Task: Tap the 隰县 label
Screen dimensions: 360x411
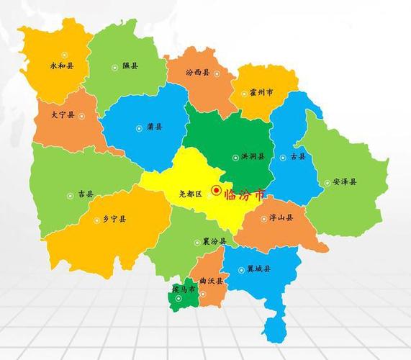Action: pos(130,66)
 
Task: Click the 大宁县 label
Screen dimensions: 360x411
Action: pos(63,114)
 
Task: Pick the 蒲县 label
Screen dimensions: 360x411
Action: pos(154,127)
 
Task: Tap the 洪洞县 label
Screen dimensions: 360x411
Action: pos(253,156)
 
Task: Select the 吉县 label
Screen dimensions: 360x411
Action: pos(86,194)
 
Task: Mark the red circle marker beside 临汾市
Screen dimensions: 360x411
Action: pos(216,191)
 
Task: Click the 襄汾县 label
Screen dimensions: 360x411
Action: pos(214,241)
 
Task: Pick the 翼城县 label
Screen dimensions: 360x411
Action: pos(258,269)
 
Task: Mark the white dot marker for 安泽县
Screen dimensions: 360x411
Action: pos(327,183)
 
